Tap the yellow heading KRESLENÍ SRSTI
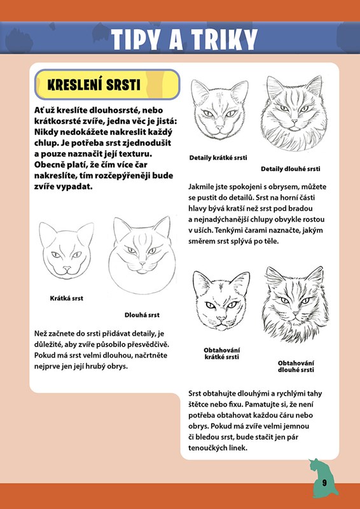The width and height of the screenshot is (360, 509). click(x=93, y=85)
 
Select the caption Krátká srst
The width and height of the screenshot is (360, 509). click(x=67, y=298)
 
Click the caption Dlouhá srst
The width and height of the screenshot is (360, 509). click(x=142, y=315)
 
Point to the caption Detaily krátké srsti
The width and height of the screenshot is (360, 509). click(x=218, y=158)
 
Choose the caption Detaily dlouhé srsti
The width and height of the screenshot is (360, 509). click(x=291, y=169)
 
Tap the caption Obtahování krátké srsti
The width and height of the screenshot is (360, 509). click(x=222, y=354)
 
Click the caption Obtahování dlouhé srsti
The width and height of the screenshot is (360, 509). click(x=296, y=366)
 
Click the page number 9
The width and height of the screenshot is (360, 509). click(x=324, y=482)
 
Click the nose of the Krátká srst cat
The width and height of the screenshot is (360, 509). click(x=67, y=268)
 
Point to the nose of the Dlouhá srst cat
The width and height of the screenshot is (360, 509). click(x=142, y=263)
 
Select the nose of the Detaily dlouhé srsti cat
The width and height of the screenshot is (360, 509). click(x=294, y=122)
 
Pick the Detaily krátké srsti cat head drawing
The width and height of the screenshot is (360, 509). click(x=220, y=109)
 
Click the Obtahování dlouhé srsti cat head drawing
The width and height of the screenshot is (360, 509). click(x=295, y=304)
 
